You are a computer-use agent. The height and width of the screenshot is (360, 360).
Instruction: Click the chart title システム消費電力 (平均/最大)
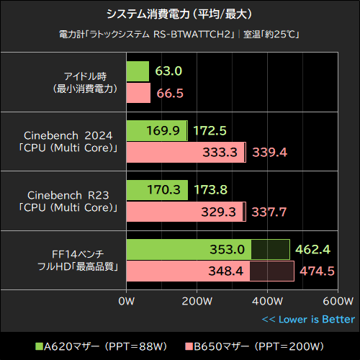tap(179, 14)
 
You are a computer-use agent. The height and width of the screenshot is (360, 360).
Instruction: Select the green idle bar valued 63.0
tap(138, 71)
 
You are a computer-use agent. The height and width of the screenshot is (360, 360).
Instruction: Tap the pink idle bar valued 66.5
tap(138, 93)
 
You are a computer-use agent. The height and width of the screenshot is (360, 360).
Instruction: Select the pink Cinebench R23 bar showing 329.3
tap(184, 212)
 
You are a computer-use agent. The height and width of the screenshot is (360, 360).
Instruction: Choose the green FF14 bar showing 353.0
tap(189, 250)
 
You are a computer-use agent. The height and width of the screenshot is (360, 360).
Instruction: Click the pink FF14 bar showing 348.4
tap(188, 271)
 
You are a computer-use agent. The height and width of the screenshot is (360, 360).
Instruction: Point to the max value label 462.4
tap(315, 250)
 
